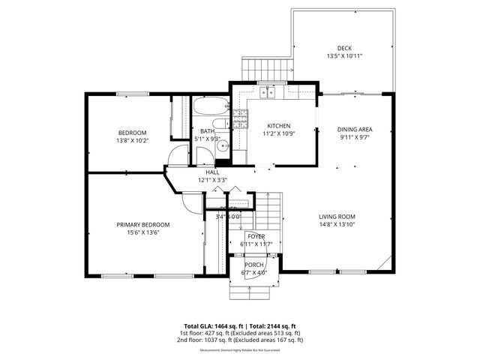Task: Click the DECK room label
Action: click(x=344, y=48)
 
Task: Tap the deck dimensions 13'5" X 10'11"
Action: click(x=344, y=56)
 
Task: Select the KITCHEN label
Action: click(x=279, y=126)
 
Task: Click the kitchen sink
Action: click(x=267, y=93)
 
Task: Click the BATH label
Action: click(x=206, y=131)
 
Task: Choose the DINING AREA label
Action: click(x=355, y=129)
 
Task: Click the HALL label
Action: click(x=213, y=172)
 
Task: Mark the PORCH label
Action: click(x=254, y=264)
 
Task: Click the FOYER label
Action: click(x=257, y=236)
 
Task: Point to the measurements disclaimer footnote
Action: click(x=238, y=350)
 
